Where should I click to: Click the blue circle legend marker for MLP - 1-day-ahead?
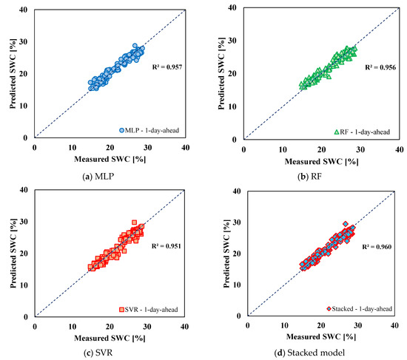(121, 131)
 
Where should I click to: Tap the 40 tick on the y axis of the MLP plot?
(25, 9)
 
